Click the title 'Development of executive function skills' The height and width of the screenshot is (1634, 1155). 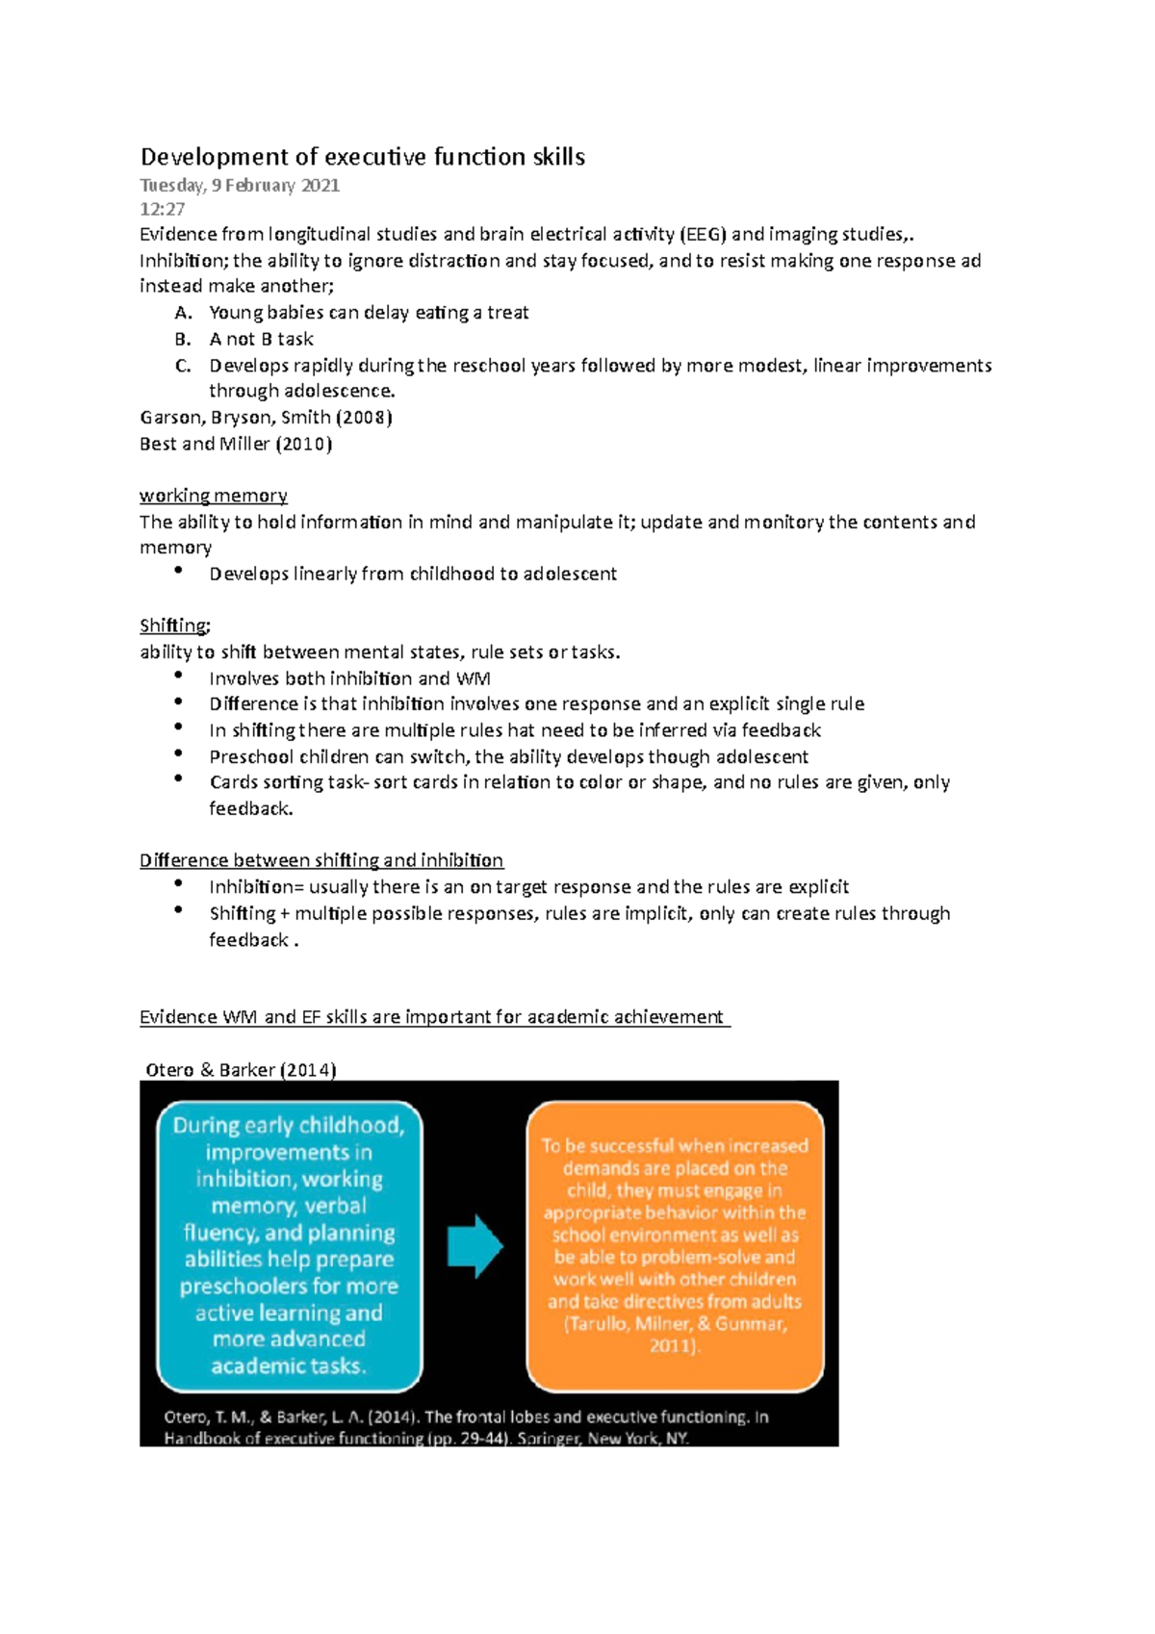point(363,157)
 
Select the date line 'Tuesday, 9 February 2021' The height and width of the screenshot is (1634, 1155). point(240,185)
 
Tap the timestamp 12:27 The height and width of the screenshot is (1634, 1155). point(162,209)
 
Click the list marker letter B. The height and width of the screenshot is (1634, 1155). point(183,339)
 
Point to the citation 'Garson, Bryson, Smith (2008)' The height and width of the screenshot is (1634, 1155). point(266,418)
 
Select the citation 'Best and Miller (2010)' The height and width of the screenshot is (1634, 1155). point(236,444)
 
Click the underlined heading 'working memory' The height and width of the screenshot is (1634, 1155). point(213,496)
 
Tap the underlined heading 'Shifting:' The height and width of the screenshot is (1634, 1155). point(174,626)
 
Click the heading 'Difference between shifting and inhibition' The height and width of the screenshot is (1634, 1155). point(321,860)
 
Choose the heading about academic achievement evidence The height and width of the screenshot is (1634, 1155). point(434,1017)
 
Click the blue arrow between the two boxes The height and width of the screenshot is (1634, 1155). point(475,1246)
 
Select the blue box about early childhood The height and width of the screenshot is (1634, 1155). point(289,1245)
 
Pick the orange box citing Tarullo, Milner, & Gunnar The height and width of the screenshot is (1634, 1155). point(675,1245)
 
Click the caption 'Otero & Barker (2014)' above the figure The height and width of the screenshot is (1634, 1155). point(241,1070)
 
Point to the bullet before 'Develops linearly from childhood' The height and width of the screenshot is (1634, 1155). point(178,571)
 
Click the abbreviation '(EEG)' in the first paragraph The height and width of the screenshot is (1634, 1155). point(704,234)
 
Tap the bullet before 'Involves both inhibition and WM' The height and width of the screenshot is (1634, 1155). point(178,676)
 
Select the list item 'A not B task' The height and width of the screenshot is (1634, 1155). point(261,339)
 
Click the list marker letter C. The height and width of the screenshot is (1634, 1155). point(183,366)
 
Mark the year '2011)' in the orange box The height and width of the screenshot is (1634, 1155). point(674,1345)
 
